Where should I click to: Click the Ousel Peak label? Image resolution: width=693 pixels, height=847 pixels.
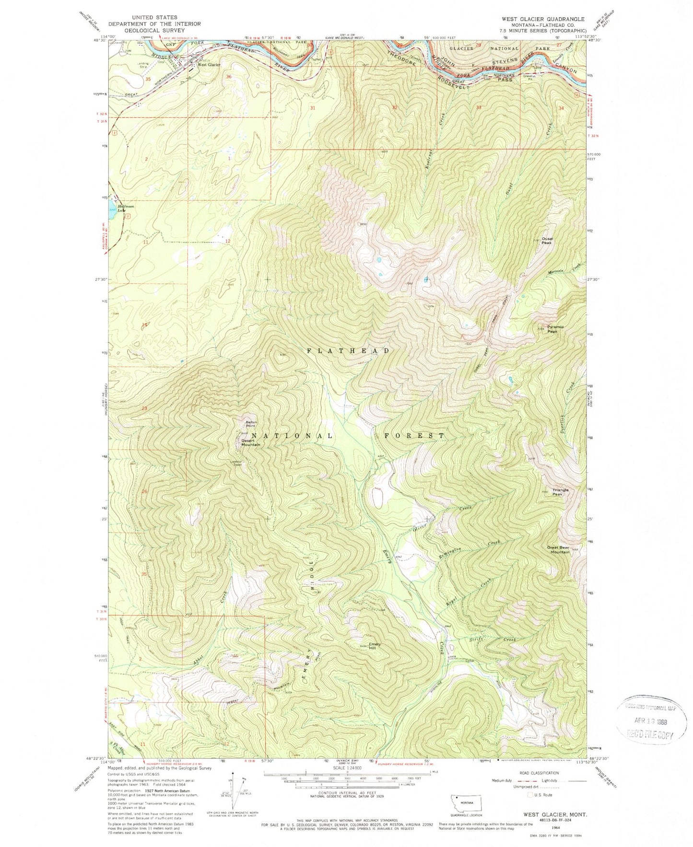546,240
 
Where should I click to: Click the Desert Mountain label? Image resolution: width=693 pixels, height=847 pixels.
250,442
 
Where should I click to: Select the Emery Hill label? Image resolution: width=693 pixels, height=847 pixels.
374,646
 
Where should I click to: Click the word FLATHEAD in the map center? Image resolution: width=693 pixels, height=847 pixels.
348,351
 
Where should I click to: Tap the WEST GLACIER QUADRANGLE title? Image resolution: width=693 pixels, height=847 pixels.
542,19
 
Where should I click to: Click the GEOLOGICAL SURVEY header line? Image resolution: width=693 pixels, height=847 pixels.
147,30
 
